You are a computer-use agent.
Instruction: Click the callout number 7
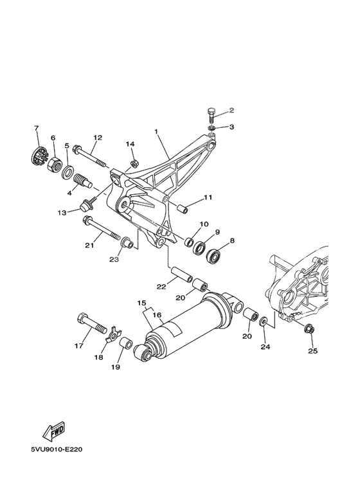[37, 128]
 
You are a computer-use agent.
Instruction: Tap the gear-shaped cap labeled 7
[39, 156]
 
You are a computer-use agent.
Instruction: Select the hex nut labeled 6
[55, 160]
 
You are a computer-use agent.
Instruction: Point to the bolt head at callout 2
[213, 116]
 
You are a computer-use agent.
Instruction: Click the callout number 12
[98, 138]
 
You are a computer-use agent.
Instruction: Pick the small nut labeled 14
[134, 163]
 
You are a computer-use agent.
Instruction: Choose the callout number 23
[114, 260]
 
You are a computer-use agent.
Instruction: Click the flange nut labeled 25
[309, 330]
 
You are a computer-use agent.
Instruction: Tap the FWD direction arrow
[53, 429]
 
